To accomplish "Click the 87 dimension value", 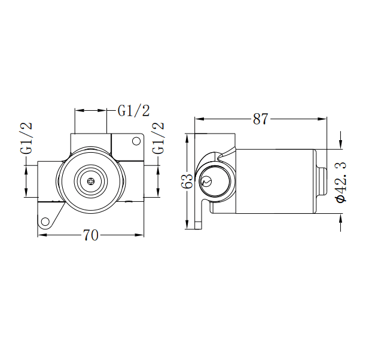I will [260, 119].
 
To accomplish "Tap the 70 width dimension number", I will [90, 235].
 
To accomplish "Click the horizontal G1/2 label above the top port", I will [133, 110].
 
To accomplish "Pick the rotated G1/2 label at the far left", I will [27, 139].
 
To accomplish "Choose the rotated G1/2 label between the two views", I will [158, 139].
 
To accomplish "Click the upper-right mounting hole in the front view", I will [136, 141].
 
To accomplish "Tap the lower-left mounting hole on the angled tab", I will [45, 222].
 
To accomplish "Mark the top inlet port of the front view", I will [90, 141].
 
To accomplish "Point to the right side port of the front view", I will [135, 180].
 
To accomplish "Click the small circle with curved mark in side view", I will [207, 181].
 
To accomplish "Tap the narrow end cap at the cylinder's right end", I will [321, 181].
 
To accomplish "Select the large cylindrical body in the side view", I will [275, 181].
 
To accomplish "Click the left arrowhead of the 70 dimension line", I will [41, 235].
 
